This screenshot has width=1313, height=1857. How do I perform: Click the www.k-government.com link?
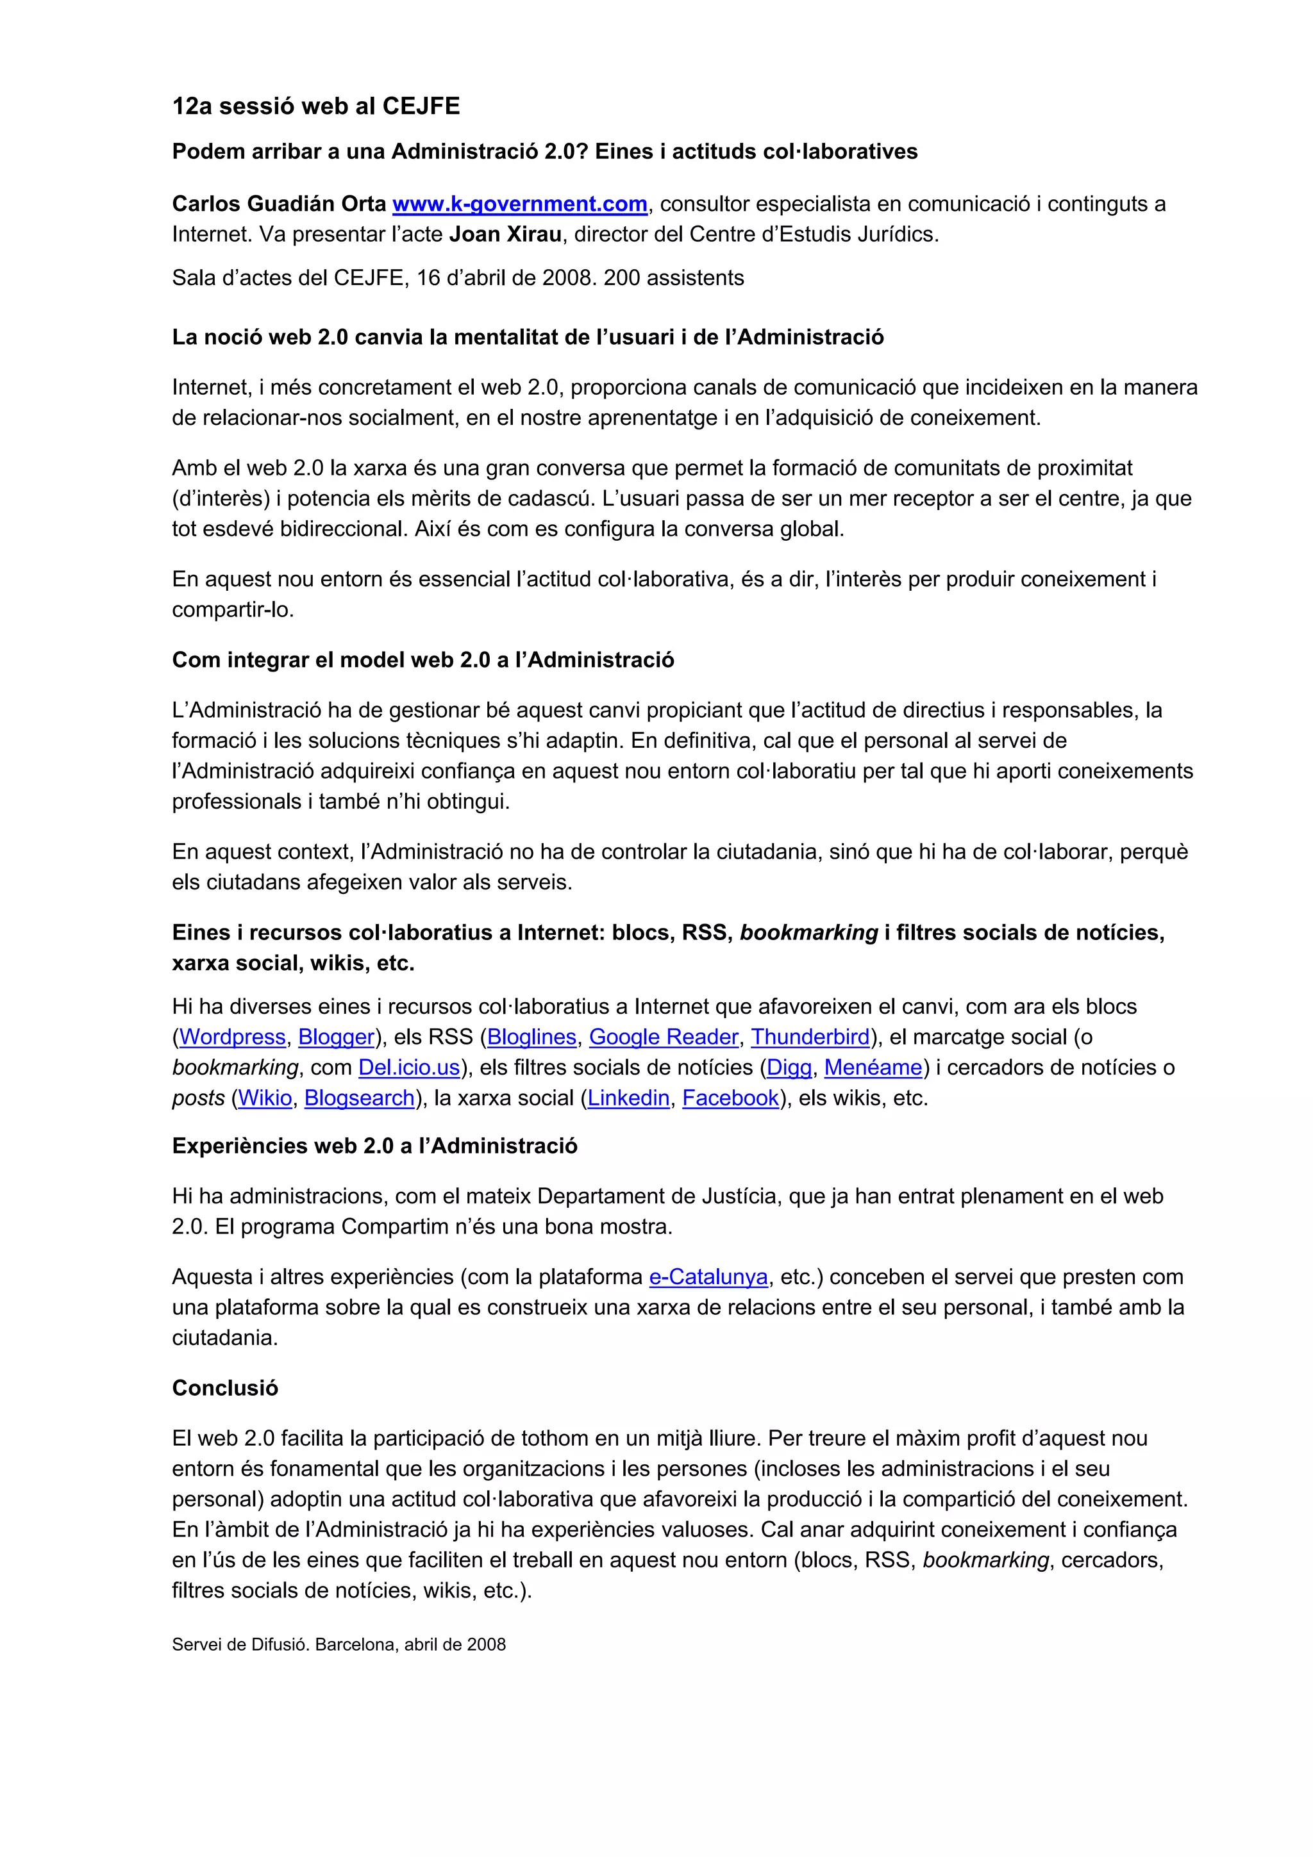(519, 204)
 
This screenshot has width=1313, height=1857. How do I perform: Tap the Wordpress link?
(232, 1037)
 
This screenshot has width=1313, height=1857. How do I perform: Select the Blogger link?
(336, 1037)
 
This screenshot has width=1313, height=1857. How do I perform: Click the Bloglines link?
(531, 1037)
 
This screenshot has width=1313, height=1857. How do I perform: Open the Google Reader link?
(664, 1037)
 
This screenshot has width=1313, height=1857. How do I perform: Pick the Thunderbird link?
(810, 1037)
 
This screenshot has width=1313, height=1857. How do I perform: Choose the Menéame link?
(873, 1068)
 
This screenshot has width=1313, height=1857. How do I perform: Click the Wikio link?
(265, 1098)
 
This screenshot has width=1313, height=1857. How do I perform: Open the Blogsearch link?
(359, 1098)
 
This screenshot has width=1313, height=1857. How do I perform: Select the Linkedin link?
(628, 1098)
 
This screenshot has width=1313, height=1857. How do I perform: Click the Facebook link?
(730, 1098)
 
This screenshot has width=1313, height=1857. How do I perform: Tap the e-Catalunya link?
(708, 1277)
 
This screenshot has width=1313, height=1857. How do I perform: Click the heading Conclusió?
(225, 1389)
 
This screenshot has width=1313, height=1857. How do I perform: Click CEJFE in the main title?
(421, 106)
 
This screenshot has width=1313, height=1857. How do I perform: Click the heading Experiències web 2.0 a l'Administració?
(374, 1146)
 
